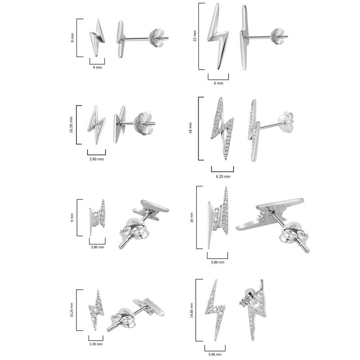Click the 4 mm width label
(97, 67)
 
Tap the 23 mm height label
(195, 36)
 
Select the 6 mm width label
(218, 83)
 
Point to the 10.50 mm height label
(72, 125)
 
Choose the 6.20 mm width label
(222, 176)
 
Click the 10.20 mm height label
(72, 309)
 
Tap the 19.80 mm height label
(192, 305)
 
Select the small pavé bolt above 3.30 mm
(96, 310)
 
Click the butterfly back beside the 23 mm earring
(278, 37)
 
